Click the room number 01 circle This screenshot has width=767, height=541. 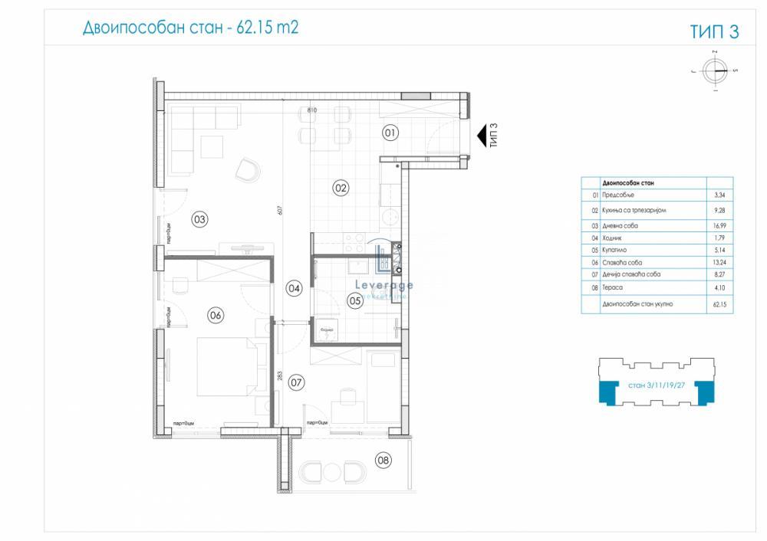[390, 133]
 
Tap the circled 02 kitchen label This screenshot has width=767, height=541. [341, 186]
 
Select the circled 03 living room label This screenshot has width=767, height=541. [200, 220]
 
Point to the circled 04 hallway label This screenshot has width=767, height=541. [294, 288]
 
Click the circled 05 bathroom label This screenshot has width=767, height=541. [355, 301]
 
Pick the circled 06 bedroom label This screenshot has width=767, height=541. [216, 314]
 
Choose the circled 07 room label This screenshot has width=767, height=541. [297, 381]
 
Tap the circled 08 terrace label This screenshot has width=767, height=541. [383, 460]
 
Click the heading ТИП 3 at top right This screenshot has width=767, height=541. [714, 31]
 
